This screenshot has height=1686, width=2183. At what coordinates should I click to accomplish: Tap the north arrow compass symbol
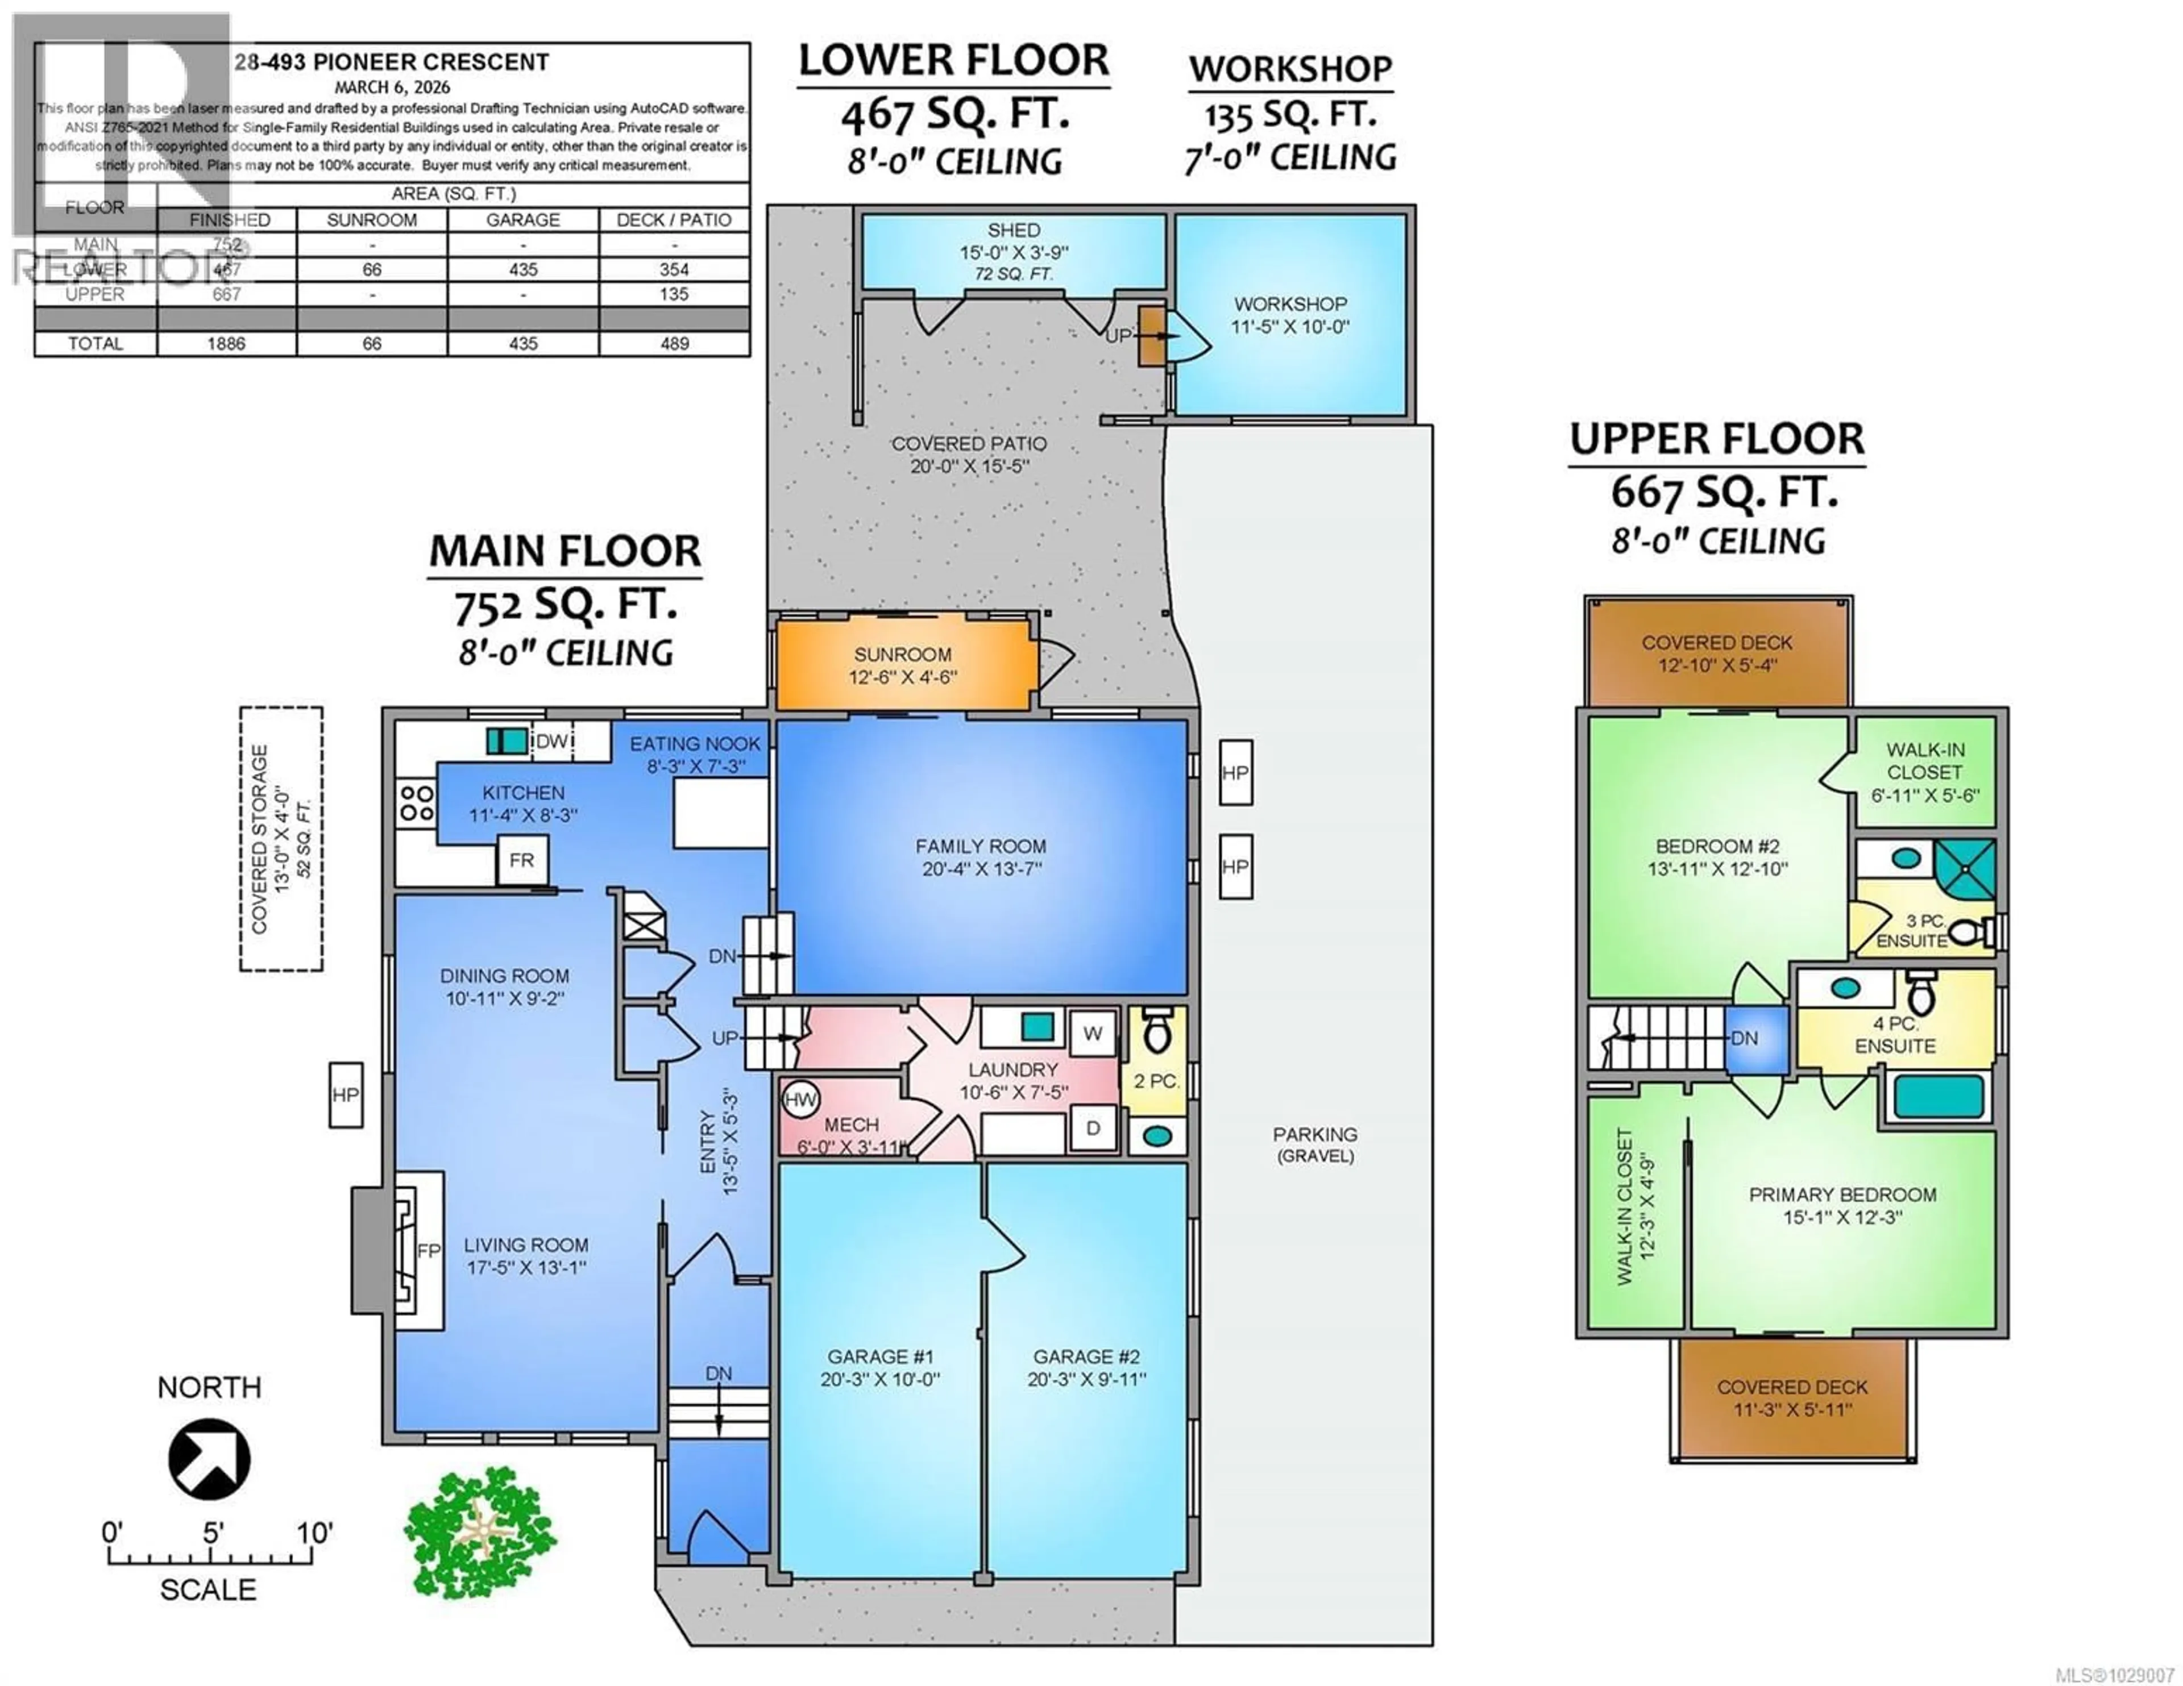pos(209,1459)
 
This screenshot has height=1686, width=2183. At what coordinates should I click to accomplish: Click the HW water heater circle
pos(800,1100)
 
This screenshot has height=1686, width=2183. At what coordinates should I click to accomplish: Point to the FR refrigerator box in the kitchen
pos(521,860)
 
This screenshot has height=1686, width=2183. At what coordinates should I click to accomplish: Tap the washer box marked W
pos(1093,1034)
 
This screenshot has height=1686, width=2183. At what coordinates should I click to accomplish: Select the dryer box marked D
pos(1093,1129)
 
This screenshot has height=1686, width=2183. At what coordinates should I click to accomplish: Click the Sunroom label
pos(902,655)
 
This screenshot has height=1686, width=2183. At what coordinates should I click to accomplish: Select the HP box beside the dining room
pos(346,1096)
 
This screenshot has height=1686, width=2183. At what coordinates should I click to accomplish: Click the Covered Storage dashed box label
pos(260,839)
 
